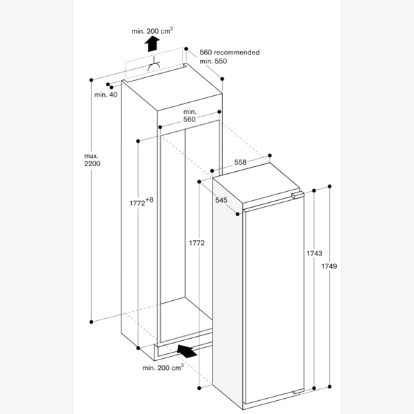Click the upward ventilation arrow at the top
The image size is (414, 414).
pos(152,45)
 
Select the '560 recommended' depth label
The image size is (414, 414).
pos(229,52)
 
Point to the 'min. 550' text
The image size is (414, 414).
pos(213,62)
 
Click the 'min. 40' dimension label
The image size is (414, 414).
pos(106,95)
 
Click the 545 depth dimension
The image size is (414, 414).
pos(221,201)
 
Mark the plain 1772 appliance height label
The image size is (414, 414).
pos(197,244)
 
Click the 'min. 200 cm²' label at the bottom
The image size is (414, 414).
pos(163,368)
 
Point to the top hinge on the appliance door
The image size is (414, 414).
pos(297,197)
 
